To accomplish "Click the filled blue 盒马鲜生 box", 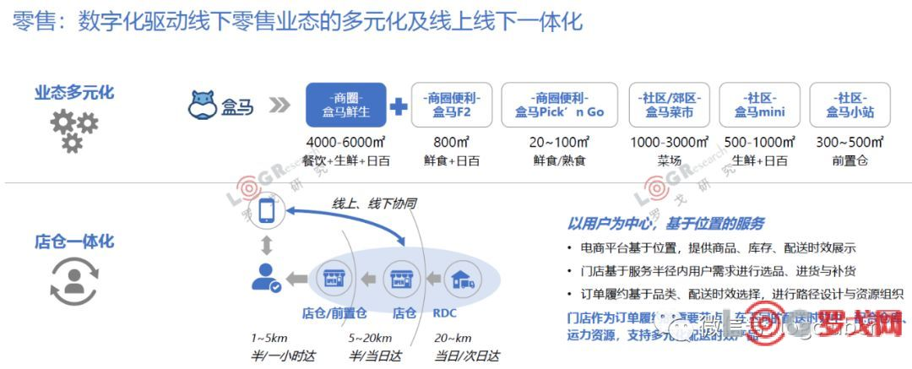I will (346, 105).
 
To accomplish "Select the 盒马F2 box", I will (448, 105).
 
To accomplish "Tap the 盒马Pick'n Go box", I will (559, 105).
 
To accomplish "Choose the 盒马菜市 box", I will (670, 105).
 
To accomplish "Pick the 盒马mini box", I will (760, 105).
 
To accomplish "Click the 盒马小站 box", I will (850, 105).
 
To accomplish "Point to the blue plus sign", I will (398, 106).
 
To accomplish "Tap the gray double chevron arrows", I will (279, 106).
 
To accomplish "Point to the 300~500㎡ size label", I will (850, 142).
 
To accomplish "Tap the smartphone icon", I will (268, 211).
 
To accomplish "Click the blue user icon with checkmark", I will (267, 278).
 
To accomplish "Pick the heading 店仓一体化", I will (74, 241).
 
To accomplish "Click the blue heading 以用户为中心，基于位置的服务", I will (665, 223).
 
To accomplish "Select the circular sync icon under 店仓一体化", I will (73, 283).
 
